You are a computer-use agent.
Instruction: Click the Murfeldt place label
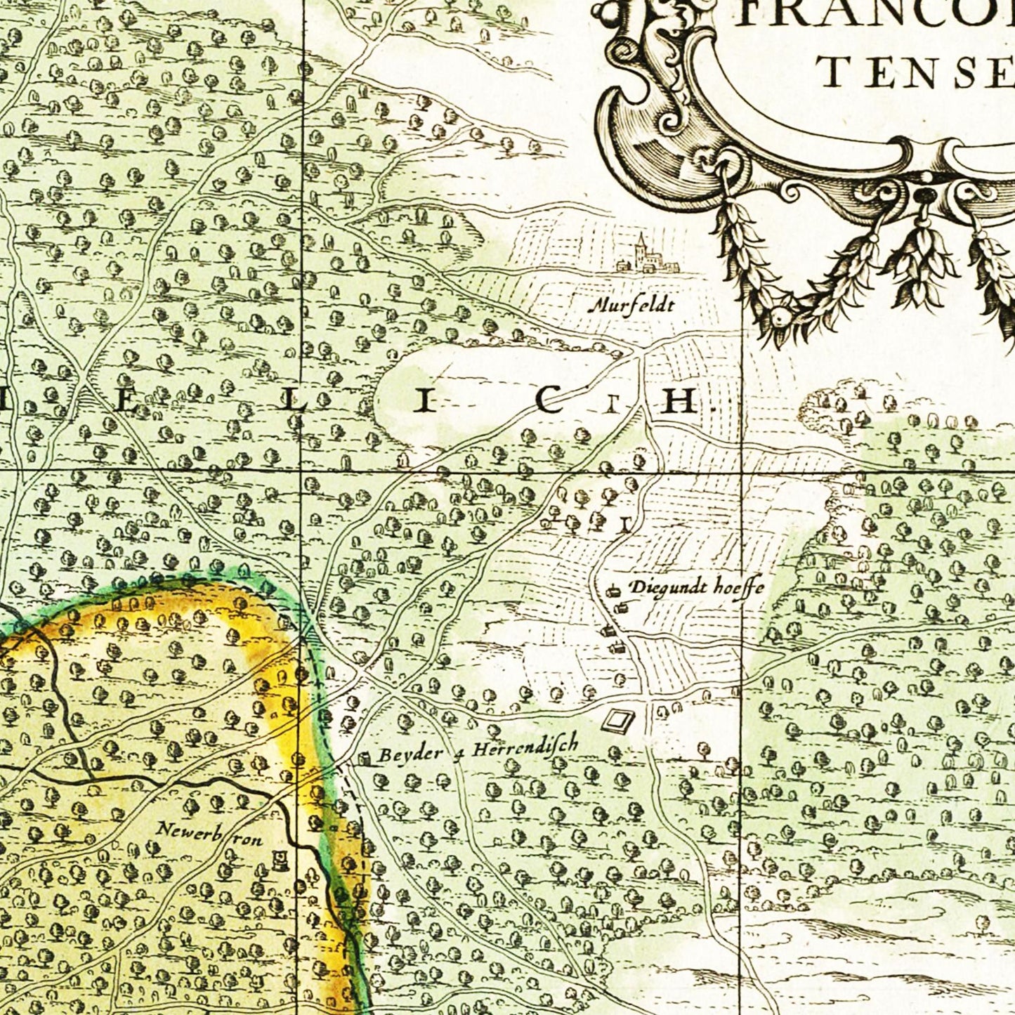coord(631,305)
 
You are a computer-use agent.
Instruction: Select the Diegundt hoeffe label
coord(695,587)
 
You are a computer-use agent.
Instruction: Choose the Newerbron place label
coord(209,834)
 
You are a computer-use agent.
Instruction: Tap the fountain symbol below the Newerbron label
coord(280,858)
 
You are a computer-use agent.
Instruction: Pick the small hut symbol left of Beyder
coord(364,758)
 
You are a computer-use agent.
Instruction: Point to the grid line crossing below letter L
coord(302,469)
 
